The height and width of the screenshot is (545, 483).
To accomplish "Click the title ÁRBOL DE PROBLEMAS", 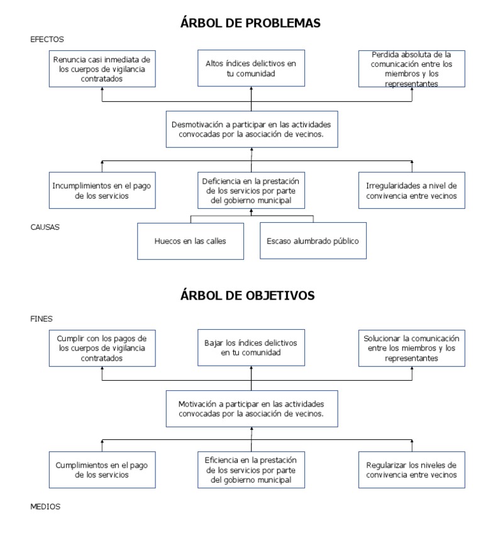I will pyautogui.click(x=251, y=23).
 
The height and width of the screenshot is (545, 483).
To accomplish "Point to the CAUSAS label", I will pyautogui.click(x=45, y=227).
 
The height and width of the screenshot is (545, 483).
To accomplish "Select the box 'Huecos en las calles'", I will pyautogui.click(x=191, y=240).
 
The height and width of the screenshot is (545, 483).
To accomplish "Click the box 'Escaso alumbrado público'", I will pyautogui.click(x=312, y=240).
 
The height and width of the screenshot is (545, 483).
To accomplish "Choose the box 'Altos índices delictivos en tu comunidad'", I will pyautogui.click(x=251, y=69).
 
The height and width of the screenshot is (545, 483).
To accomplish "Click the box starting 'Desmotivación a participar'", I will pyautogui.click(x=251, y=129).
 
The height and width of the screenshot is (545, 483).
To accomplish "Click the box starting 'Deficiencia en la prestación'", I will pyautogui.click(x=251, y=190).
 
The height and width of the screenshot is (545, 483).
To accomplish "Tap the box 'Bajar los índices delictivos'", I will pyautogui.click(x=251, y=348).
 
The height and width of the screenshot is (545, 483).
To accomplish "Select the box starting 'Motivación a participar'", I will pyautogui.click(x=251, y=409).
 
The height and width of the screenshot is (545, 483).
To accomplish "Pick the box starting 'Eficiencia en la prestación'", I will pyautogui.click(x=251, y=469).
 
